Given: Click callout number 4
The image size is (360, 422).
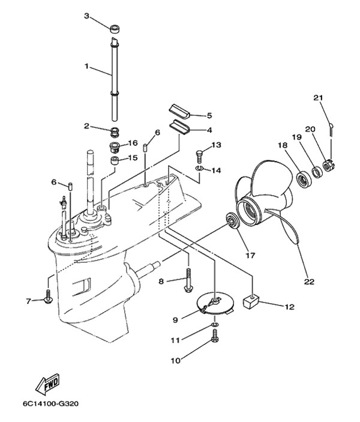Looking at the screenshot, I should coord(209,129).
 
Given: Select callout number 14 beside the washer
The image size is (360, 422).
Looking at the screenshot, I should coord(217,170).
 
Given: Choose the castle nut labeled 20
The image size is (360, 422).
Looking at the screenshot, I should coord(328,163).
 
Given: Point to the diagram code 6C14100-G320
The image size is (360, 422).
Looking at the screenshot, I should coord(51,404).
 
